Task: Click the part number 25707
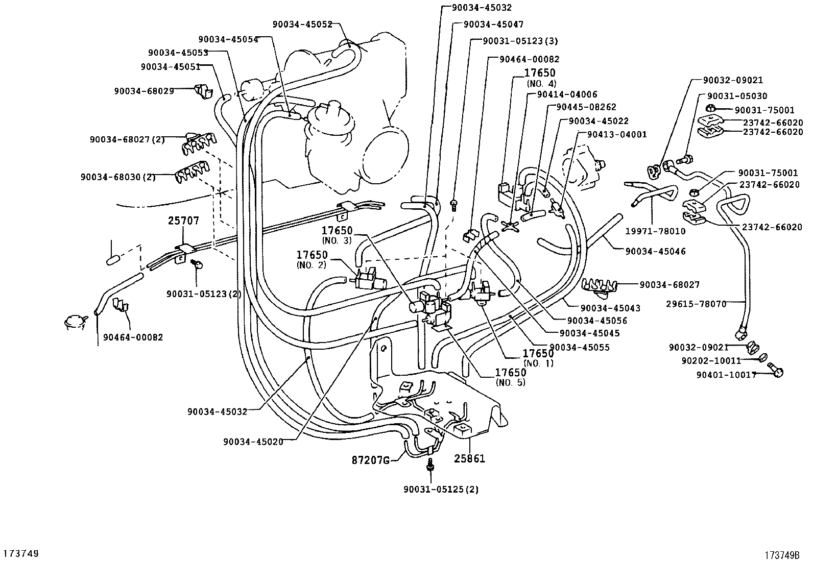click(x=183, y=221)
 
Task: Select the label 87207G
click(x=371, y=460)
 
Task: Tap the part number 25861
click(x=469, y=458)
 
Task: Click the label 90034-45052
click(x=302, y=24)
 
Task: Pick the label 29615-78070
click(x=696, y=304)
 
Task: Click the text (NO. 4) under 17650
click(x=541, y=83)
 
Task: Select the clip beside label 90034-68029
click(x=203, y=92)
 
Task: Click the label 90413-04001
click(x=617, y=134)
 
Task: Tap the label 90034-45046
click(x=655, y=251)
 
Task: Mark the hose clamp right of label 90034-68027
click(x=600, y=287)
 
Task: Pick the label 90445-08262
click(x=586, y=107)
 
